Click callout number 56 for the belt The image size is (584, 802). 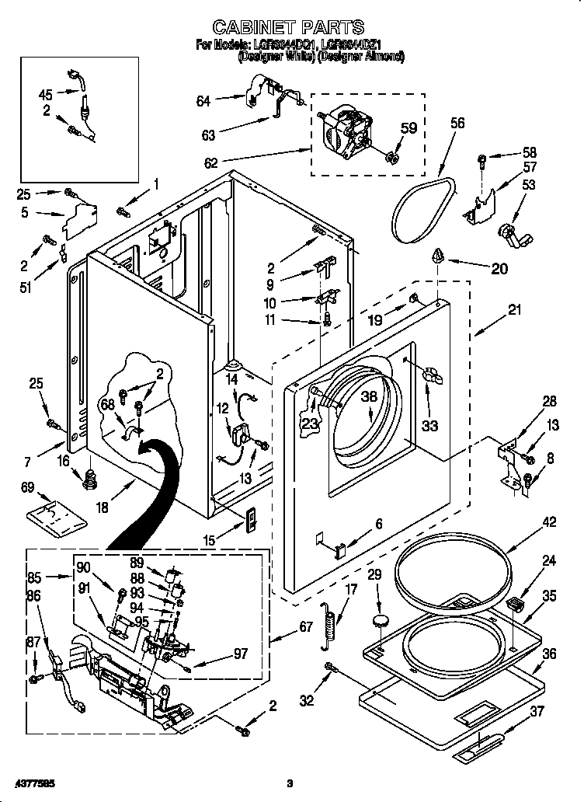457,123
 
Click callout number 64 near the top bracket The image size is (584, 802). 203,100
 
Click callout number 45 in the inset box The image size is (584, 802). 46,95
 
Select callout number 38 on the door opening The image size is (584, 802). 369,396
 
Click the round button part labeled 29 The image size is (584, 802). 381,619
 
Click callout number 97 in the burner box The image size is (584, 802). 241,654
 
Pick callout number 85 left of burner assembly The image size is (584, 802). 34,578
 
